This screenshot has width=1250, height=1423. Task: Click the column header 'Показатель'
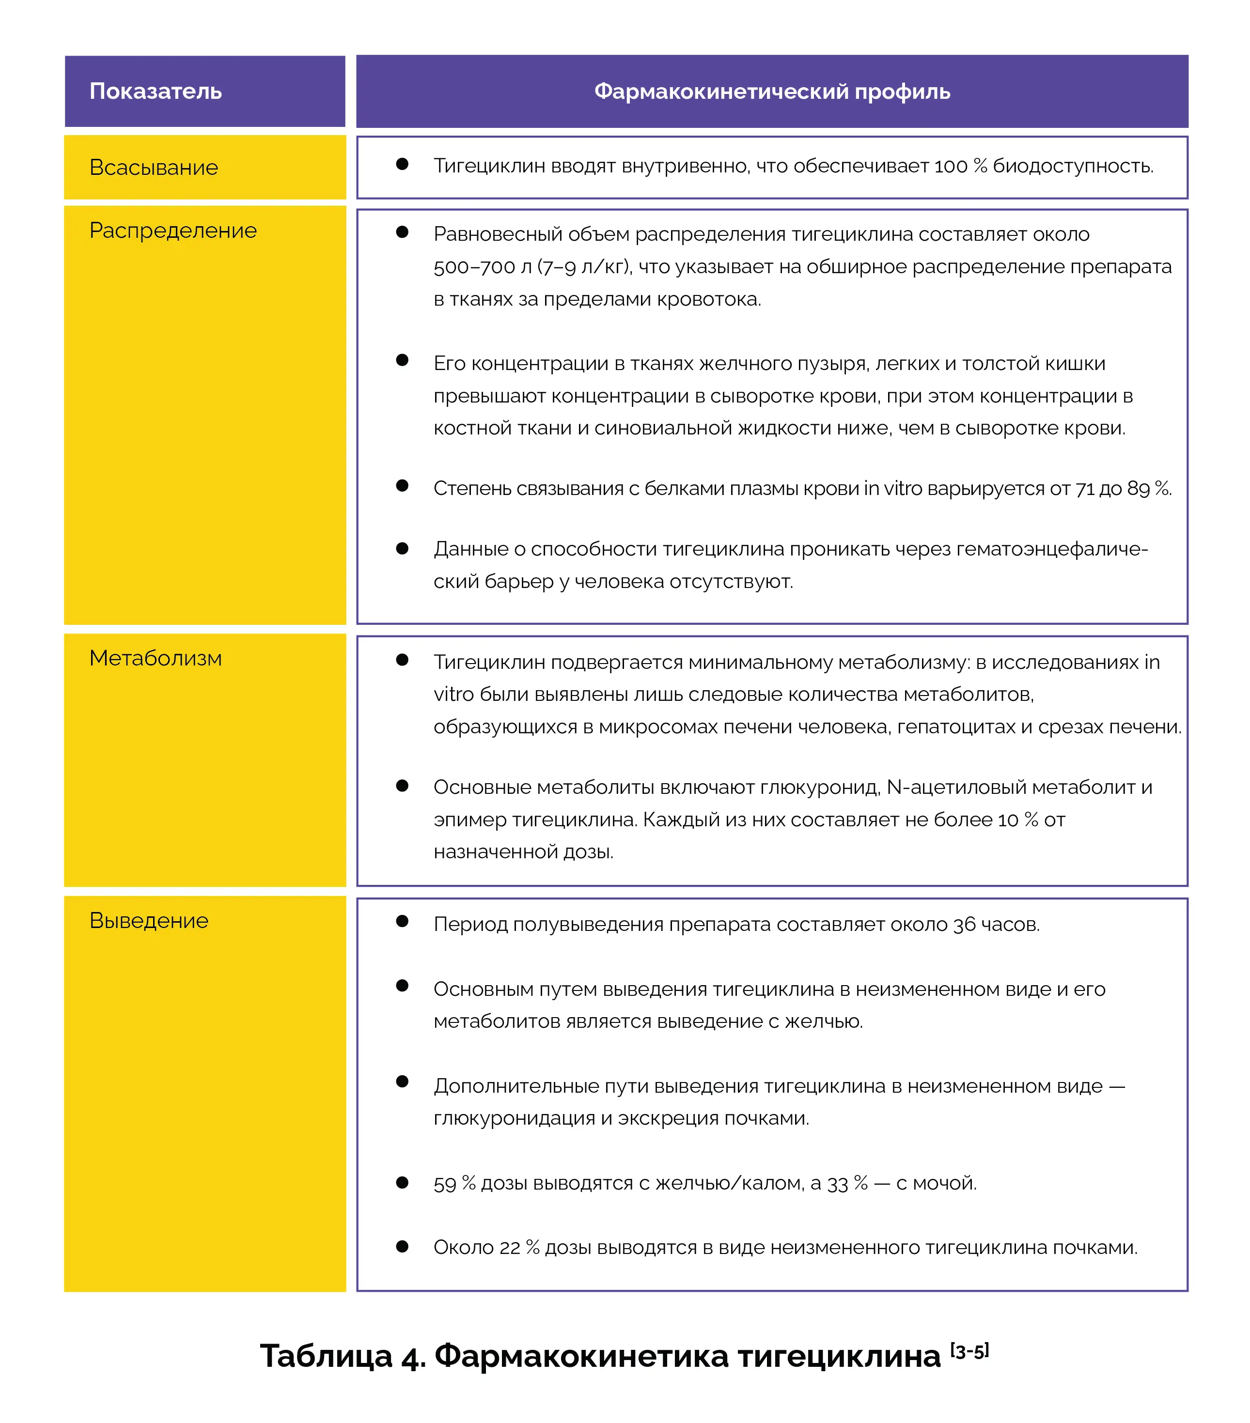pos(156,91)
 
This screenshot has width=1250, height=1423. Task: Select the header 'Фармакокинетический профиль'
pos(772,91)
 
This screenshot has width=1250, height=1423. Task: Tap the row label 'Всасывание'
pos(153,167)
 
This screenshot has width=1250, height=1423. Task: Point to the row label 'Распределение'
pos(172,231)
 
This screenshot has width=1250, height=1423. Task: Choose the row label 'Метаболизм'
pos(156,658)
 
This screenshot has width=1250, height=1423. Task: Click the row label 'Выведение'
pos(148,920)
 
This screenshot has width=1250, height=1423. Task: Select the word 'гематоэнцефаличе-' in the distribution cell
pos(1051,549)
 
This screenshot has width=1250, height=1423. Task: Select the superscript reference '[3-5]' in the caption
pos(969,1351)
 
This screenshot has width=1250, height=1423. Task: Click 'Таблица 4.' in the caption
pos(343,1356)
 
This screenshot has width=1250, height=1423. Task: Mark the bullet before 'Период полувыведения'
pos(402,921)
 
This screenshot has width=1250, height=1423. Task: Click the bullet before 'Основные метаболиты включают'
pos(402,785)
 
